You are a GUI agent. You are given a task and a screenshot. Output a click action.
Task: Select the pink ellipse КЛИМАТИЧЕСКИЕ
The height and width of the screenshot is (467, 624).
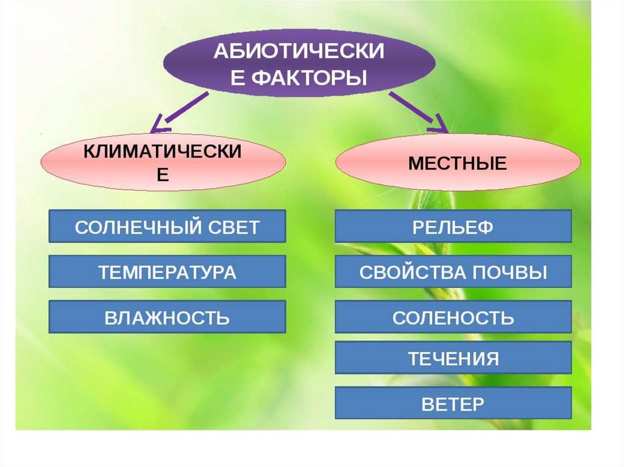163,162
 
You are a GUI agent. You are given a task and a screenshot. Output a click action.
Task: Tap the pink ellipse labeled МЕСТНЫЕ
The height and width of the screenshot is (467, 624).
458,163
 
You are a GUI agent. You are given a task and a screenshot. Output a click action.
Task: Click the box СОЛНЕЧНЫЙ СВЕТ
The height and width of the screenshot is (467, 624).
167,226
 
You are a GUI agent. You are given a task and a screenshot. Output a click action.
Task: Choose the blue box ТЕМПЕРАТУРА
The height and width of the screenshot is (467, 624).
167,272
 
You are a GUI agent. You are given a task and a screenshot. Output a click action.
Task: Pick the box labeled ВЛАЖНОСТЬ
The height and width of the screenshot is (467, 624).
167,317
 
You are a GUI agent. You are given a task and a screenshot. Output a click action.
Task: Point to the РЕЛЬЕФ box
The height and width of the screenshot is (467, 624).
453,226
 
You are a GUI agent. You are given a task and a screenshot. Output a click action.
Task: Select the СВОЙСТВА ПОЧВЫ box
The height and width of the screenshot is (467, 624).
453,272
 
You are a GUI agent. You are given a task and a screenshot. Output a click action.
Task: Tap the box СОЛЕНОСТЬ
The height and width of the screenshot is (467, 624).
453,317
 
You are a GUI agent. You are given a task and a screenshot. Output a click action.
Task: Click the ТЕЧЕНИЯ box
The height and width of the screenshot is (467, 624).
453,358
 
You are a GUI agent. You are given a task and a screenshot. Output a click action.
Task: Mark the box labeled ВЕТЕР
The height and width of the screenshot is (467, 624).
453,403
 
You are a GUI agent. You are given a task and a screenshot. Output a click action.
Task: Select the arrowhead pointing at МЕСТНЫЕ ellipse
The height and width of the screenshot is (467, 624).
438,126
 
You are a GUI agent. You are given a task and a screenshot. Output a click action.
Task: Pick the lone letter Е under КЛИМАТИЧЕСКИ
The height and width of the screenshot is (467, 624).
163,174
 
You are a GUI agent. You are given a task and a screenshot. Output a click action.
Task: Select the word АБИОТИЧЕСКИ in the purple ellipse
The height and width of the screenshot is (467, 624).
299,51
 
